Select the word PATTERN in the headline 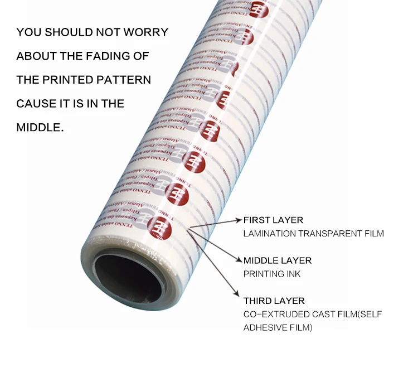tap(128, 80)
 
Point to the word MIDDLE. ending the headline tap(40, 127)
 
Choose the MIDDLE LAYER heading tap(277, 260)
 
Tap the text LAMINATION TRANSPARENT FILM tap(313, 234)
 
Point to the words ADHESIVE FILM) tap(278, 327)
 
